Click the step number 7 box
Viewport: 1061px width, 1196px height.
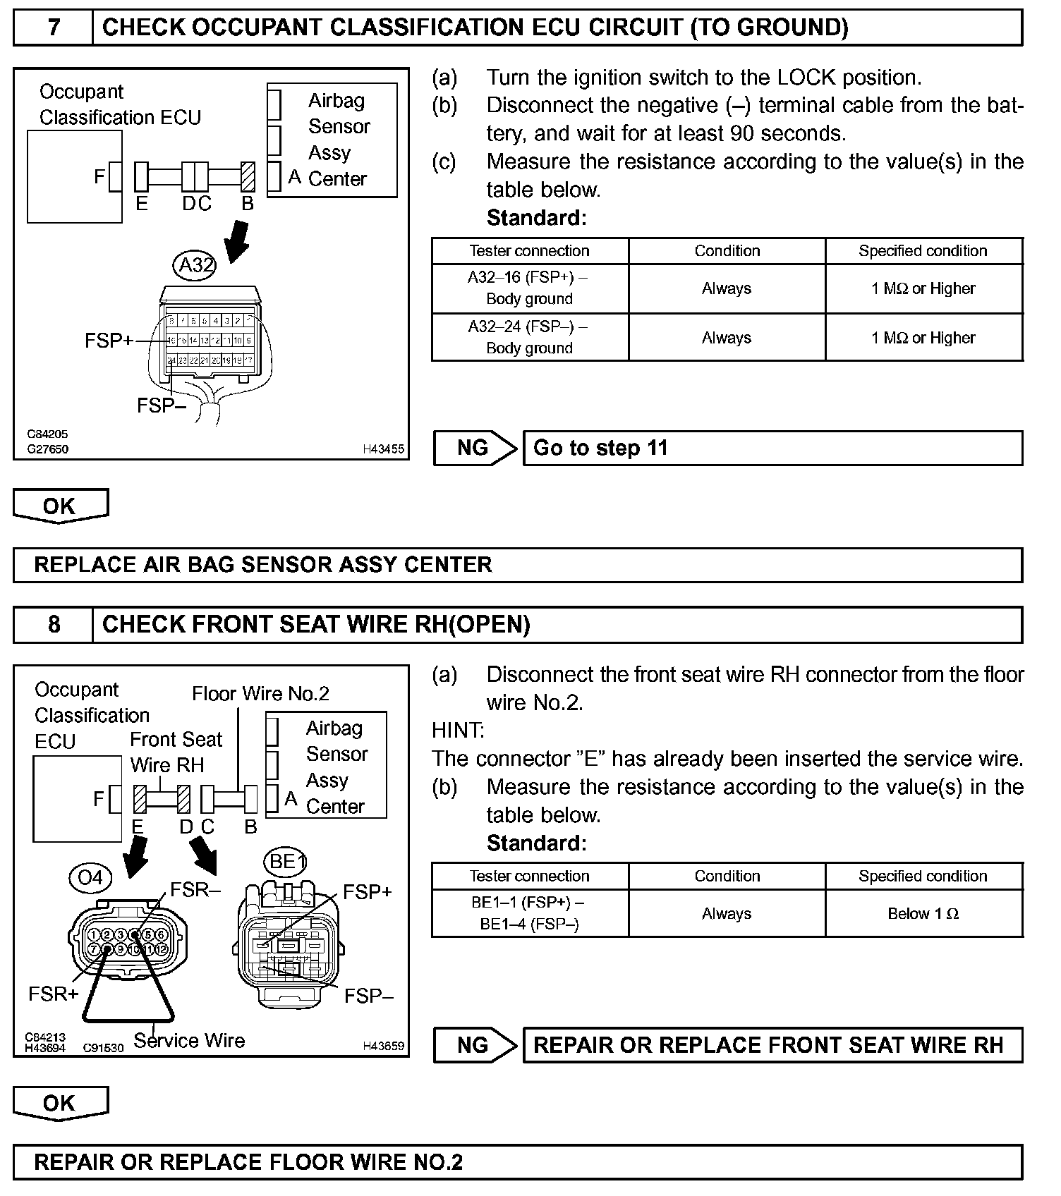click(x=53, y=28)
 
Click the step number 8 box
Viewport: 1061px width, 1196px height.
click(x=53, y=625)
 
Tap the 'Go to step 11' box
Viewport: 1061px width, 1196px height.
click(x=772, y=448)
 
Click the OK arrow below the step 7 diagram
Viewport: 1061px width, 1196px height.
click(x=60, y=506)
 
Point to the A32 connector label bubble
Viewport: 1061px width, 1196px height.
click(x=195, y=265)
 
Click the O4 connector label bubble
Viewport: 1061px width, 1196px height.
click(x=90, y=878)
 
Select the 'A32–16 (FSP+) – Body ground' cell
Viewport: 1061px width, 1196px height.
click(x=529, y=288)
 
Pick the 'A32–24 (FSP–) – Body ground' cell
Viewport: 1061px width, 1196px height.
click(x=529, y=338)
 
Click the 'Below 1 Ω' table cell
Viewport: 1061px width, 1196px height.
click(x=923, y=914)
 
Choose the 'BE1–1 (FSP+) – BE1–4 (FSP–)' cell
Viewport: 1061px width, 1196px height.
click(x=529, y=914)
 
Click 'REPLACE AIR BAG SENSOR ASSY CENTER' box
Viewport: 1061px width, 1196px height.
click(x=517, y=565)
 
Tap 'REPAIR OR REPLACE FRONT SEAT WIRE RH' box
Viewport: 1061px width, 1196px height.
click(x=772, y=1045)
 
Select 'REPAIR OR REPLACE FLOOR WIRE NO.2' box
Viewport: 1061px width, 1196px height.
click(x=517, y=1162)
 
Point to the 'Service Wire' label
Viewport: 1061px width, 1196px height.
click(x=189, y=1041)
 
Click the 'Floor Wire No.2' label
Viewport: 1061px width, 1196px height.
click(x=260, y=694)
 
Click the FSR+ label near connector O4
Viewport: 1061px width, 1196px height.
click(x=53, y=994)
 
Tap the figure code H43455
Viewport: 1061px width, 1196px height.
click(x=384, y=449)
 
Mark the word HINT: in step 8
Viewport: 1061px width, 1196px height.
click(x=458, y=731)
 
